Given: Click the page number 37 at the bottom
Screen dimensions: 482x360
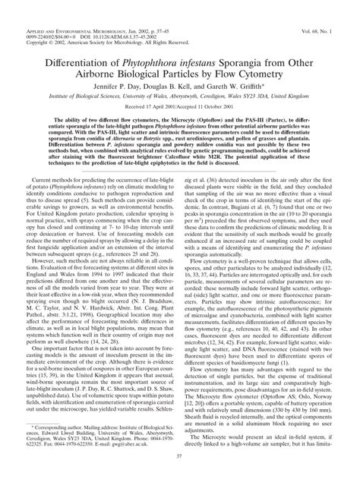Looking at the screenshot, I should coord(180,472).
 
